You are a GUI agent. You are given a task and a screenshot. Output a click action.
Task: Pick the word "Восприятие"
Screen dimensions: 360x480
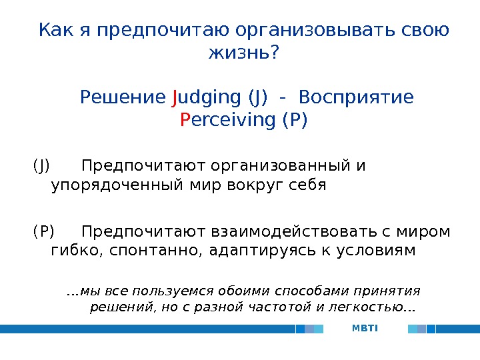356,98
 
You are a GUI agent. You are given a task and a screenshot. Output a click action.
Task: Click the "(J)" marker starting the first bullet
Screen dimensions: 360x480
41,164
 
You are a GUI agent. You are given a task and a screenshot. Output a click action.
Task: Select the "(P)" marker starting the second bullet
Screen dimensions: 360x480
43,231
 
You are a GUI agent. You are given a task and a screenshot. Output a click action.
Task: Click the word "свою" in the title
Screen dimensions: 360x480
427,31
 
